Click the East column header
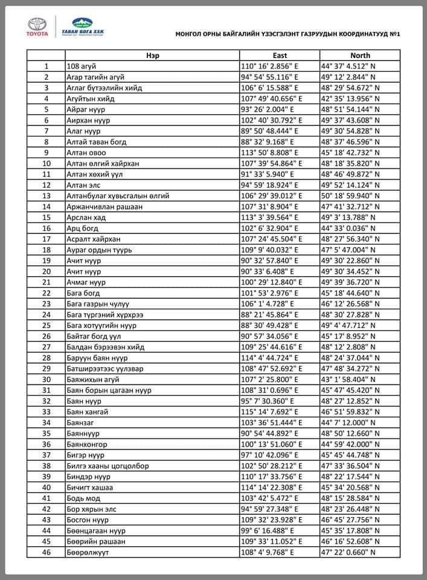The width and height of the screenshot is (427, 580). click(x=280, y=55)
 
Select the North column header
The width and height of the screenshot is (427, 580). click(x=360, y=55)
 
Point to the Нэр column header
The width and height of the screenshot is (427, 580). click(x=152, y=55)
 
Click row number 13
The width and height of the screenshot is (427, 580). click(x=46, y=196)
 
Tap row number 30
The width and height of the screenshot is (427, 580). click(x=46, y=379)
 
